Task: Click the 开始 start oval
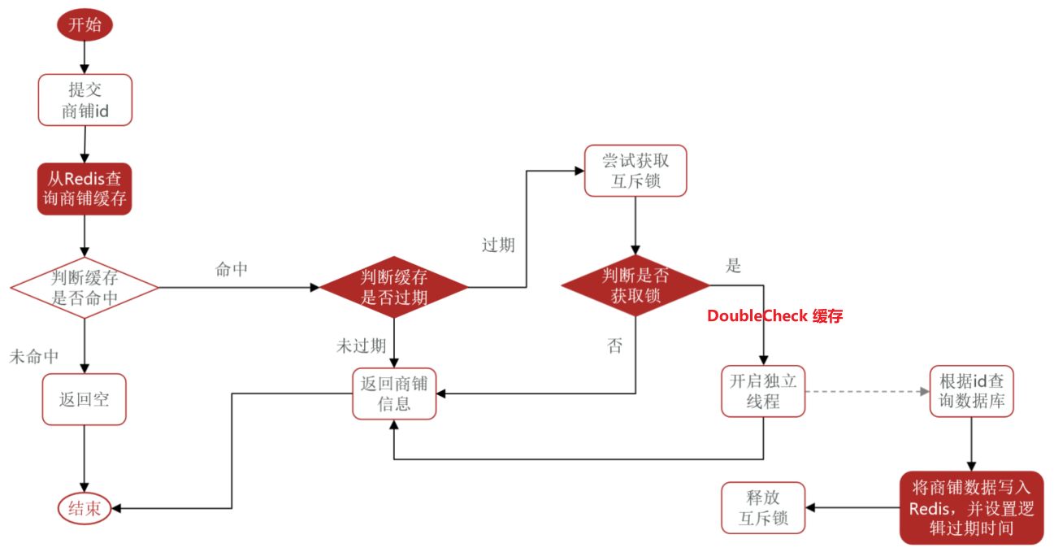[85, 24]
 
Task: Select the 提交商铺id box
[85, 100]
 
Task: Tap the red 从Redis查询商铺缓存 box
[85, 189]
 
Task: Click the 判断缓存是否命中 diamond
[85, 287]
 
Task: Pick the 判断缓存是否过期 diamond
[394, 287]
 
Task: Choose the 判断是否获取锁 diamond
[635, 285]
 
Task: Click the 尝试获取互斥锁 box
[635, 171]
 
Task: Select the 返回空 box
[85, 399]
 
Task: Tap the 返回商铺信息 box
[394, 393]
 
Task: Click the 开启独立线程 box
[763, 391]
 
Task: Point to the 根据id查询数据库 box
[971, 391]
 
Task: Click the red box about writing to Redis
[971, 507]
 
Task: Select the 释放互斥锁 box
[763, 507]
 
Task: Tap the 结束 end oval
[85, 509]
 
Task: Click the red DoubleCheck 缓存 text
[774, 316]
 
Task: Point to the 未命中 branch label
[34, 356]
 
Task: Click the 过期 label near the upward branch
[498, 245]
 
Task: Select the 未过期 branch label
[361, 346]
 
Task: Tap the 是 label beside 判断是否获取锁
[733, 266]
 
